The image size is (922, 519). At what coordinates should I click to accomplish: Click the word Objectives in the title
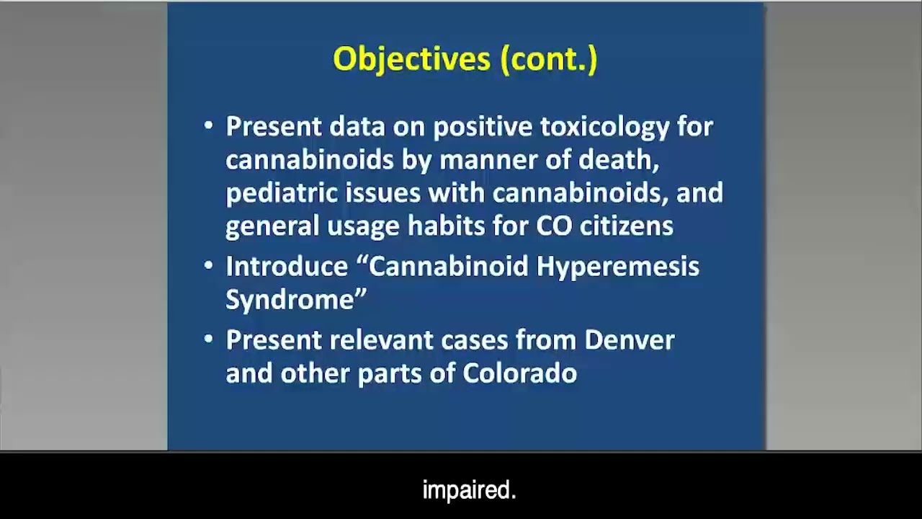(x=412, y=59)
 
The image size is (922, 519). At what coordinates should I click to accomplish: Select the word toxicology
(x=605, y=127)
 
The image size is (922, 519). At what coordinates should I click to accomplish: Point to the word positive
(x=483, y=127)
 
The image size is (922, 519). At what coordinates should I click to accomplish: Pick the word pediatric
(x=282, y=193)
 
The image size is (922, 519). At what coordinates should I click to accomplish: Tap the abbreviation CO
(x=554, y=226)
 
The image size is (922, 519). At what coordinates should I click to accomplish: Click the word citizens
(x=627, y=226)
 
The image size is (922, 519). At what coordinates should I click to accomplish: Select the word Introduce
(x=287, y=267)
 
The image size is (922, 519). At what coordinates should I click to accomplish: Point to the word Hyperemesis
(x=617, y=267)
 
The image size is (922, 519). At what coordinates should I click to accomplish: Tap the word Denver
(x=629, y=340)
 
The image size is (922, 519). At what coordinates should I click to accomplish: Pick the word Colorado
(x=519, y=373)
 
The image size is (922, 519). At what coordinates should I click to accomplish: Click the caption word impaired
(x=469, y=491)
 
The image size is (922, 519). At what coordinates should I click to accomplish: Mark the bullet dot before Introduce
(x=209, y=266)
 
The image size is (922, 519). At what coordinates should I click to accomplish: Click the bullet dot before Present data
(x=209, y=126)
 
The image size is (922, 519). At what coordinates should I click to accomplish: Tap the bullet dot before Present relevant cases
(x=209, y=340)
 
